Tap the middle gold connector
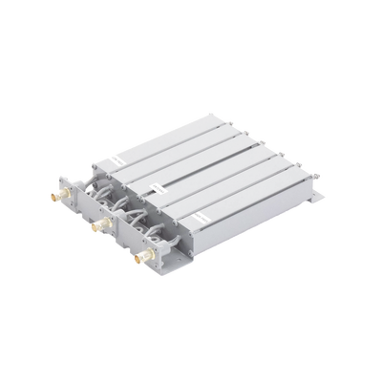coord(96,227)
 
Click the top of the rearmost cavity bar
coord(172,134)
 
